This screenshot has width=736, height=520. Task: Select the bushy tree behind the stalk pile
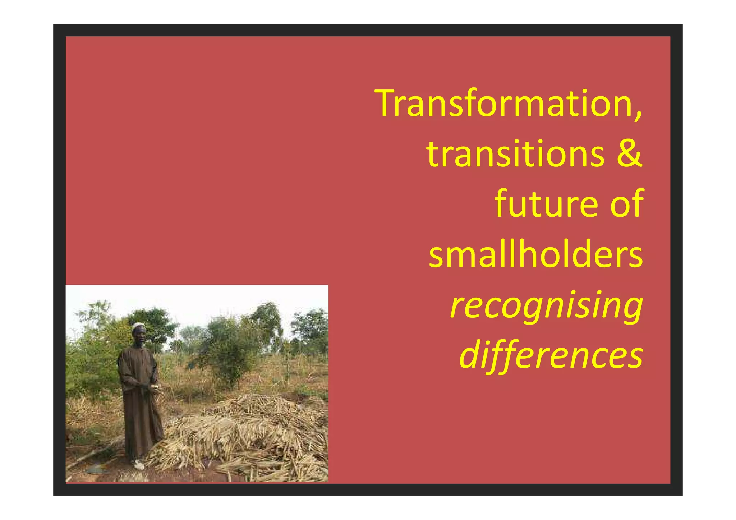230,345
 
